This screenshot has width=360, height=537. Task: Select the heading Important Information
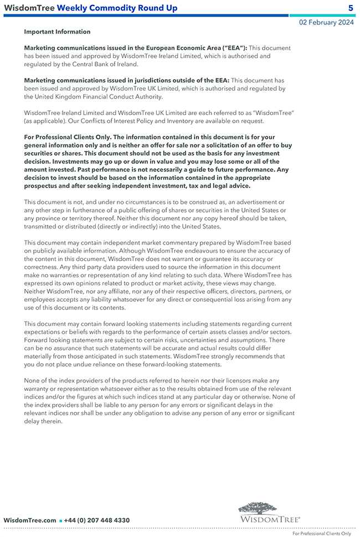coord(57,32)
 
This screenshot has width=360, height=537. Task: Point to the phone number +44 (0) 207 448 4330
coord(97,520)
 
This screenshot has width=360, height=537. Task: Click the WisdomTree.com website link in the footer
coord(30,520)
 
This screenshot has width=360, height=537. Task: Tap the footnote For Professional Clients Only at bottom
coord(322,534)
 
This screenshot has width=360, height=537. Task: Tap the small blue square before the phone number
coord(60,521)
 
